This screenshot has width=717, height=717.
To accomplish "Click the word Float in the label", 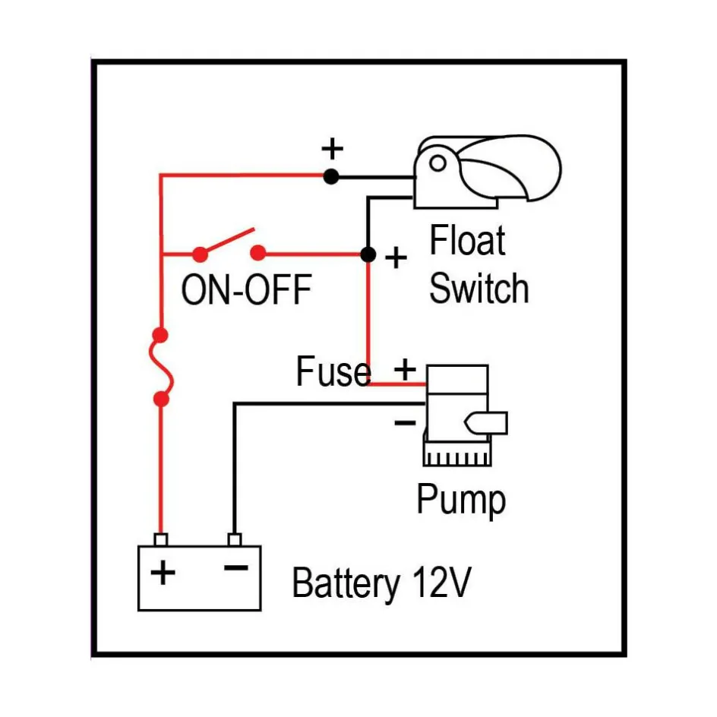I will coord(467,242).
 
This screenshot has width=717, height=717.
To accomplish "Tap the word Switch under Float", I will coord(479,289).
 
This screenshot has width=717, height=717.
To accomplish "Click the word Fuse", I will coord(333,372).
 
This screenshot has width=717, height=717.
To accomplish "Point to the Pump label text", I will coord(461,500).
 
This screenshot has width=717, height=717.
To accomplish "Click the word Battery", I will coord(346,584).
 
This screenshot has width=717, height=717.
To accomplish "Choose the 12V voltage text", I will coord(443,583).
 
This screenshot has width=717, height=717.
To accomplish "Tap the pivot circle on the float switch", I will coord(437,163).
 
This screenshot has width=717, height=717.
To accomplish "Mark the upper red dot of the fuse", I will coord(160,334).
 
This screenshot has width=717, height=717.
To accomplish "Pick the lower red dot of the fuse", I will coord(160,398).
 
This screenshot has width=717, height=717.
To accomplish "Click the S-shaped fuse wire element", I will coord(162,366).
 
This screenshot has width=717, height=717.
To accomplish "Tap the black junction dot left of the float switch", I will coord(330,177).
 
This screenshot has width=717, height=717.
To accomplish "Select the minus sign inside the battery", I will coord(236,567).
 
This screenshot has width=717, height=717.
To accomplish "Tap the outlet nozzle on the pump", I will coord(491,422).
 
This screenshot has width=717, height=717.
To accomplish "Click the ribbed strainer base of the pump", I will coord(458,456).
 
